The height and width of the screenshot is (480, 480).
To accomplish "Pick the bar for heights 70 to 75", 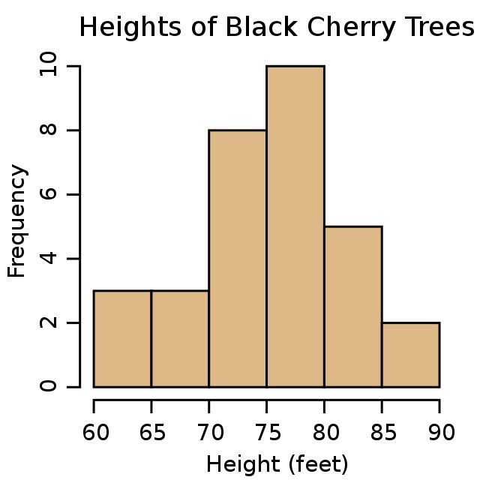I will click(x=238, y=259).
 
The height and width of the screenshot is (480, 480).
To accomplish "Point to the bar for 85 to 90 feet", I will click(x=410, y=354).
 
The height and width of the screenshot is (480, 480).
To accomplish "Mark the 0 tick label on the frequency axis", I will click(x=49, y=387).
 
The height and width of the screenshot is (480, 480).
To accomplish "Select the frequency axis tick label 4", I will click(x=49, y=259).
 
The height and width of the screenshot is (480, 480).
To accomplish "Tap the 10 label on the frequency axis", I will click(x=49, y=67).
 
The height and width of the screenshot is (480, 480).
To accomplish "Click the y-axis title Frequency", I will click(x=17, y=221).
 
